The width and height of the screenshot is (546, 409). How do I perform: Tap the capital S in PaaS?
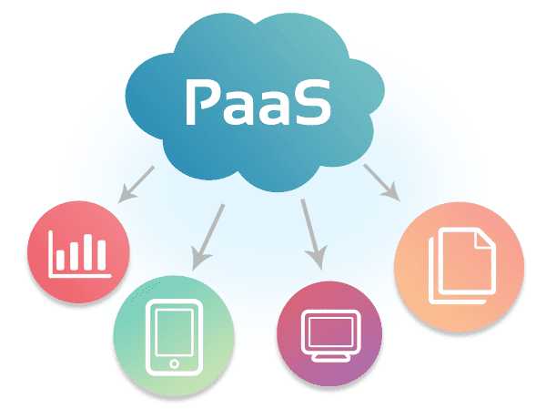tap(310, 103)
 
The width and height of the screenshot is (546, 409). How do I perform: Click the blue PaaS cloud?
tap(255, 102)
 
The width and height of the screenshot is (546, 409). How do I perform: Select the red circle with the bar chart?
tap(78, 251)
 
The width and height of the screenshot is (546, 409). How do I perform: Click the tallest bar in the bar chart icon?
tap(87, 252)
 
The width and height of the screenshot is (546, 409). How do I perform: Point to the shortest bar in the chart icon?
tap(61, 260)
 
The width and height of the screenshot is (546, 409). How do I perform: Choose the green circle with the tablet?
tap(174, 336)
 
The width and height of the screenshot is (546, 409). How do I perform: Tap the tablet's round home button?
tap(174, 364)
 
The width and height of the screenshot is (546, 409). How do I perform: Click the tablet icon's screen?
tap(174, 332)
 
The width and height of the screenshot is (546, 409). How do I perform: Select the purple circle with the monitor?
tap(329, 333)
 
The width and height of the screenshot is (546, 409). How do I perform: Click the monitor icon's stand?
tap(330, 357)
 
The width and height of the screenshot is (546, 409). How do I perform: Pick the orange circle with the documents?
tap(459, 267)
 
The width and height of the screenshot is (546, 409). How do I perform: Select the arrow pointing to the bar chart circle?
tap(136, 184)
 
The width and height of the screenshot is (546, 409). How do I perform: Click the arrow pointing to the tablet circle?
tap(207, 237)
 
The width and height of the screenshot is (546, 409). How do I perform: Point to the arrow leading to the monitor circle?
tap(313, 234)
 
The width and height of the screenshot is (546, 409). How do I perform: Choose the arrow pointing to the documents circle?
tap(382, 183)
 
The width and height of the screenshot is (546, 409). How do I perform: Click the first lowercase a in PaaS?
tap(238, 107)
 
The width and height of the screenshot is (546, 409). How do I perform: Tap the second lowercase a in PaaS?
tap(273, 107)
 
